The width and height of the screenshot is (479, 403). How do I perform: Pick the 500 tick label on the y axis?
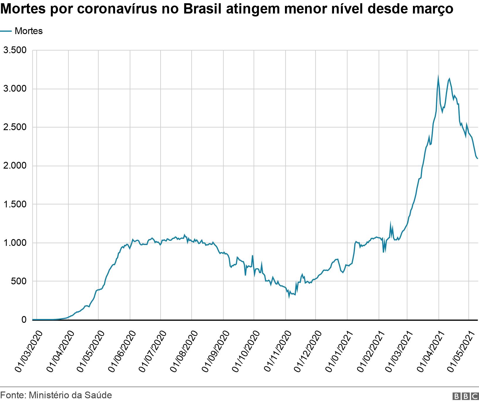(19, 281)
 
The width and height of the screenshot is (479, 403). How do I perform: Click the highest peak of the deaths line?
(438, 77)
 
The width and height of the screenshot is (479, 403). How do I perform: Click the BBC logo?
(465, 396)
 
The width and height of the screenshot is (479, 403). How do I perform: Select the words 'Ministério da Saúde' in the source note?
(70, 395)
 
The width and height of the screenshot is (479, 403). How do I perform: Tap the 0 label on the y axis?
(24, 320)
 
